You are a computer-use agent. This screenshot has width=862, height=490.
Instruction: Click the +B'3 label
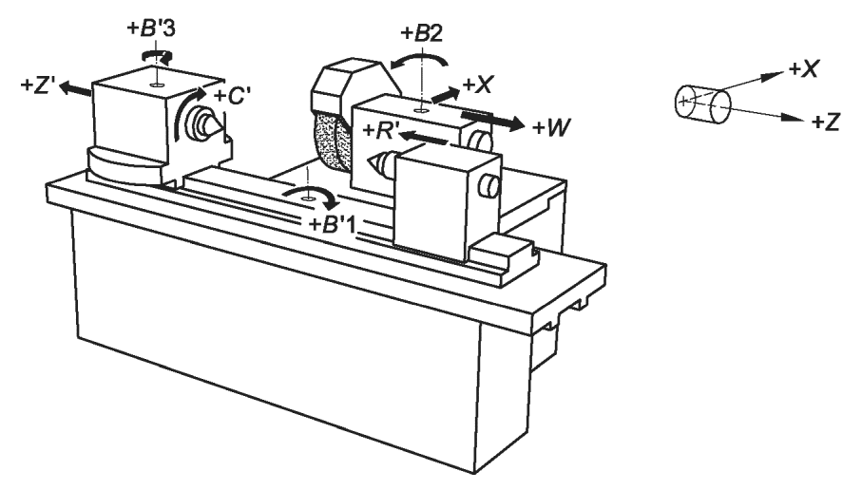pos(151,28)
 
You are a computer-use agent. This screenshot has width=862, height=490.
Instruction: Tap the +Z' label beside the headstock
pos(37,86)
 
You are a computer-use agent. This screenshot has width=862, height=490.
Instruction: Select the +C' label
pos(233,96)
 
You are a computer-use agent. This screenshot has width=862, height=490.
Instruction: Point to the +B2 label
pos(422,33)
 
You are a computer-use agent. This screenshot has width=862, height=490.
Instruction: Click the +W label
pos(551,128)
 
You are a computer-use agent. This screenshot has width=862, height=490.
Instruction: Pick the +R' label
pos(381,131)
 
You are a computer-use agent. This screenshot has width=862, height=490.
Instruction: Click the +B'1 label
pos(332,225)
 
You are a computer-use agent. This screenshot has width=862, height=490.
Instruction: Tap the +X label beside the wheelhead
pos(478,85)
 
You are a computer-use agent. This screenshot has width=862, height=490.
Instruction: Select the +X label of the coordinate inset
pos(804,69)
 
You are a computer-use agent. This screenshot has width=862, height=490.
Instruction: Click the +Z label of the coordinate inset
pos(826,122)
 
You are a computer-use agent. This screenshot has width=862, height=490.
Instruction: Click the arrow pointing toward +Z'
pos(76,89)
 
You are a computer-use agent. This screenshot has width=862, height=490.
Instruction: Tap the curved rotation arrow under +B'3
pos(158,54)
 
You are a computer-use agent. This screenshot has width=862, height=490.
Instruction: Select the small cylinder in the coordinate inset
pos(702,104)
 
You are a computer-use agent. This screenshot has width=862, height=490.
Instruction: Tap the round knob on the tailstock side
pos(488,186)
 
